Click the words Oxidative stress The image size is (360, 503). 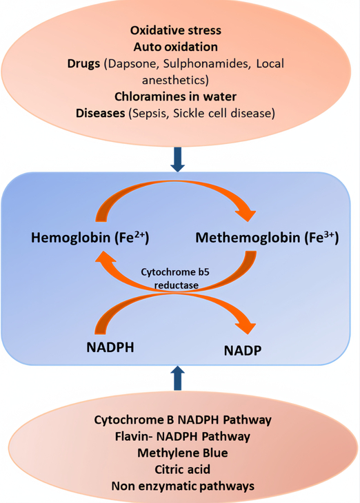pos(176,30)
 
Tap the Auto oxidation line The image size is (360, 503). pos(176,47)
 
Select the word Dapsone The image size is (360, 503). pos(134,64)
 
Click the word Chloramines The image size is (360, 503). pos(147,96)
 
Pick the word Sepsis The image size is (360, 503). pos(150,113)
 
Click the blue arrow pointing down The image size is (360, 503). pos(178,159)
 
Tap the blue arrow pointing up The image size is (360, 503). pos(178,378)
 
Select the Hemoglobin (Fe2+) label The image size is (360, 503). pos(90,238)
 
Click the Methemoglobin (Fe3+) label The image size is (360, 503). pos(267,238)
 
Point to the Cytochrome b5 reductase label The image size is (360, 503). pos(175,278)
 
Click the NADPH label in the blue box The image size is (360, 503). pos(110,347)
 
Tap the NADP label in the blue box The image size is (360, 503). pos(243,351)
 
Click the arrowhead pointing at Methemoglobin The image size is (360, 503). pos(246,214)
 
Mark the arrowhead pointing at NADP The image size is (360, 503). pos(246,327)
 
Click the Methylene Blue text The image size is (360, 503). pos(183,453)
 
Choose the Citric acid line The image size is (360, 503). pos(182,470)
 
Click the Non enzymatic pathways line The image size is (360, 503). pos(183,486)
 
